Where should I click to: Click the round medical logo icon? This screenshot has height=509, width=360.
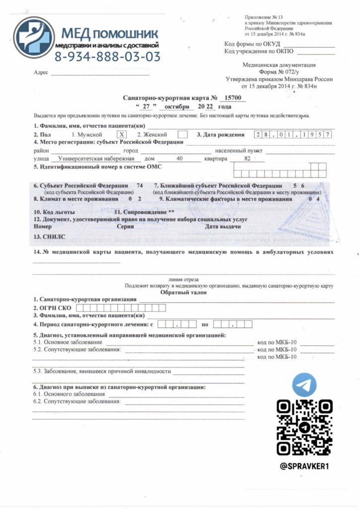coord(33,39)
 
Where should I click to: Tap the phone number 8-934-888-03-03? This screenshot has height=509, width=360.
coord(107,57)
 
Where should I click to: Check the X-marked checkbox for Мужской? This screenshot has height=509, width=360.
coord(123,134)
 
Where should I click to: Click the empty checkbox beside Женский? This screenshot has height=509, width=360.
coord(182,134)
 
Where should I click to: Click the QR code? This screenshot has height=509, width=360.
coord(304,427)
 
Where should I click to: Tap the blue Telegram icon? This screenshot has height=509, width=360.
coord(304,384)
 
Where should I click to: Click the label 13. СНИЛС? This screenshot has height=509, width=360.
coord(47,237)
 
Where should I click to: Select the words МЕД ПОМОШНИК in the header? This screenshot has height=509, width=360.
coord(109,34)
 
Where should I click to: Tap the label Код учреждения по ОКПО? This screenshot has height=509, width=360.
coord(259,51)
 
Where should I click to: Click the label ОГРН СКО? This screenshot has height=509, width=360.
coord(52,308)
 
